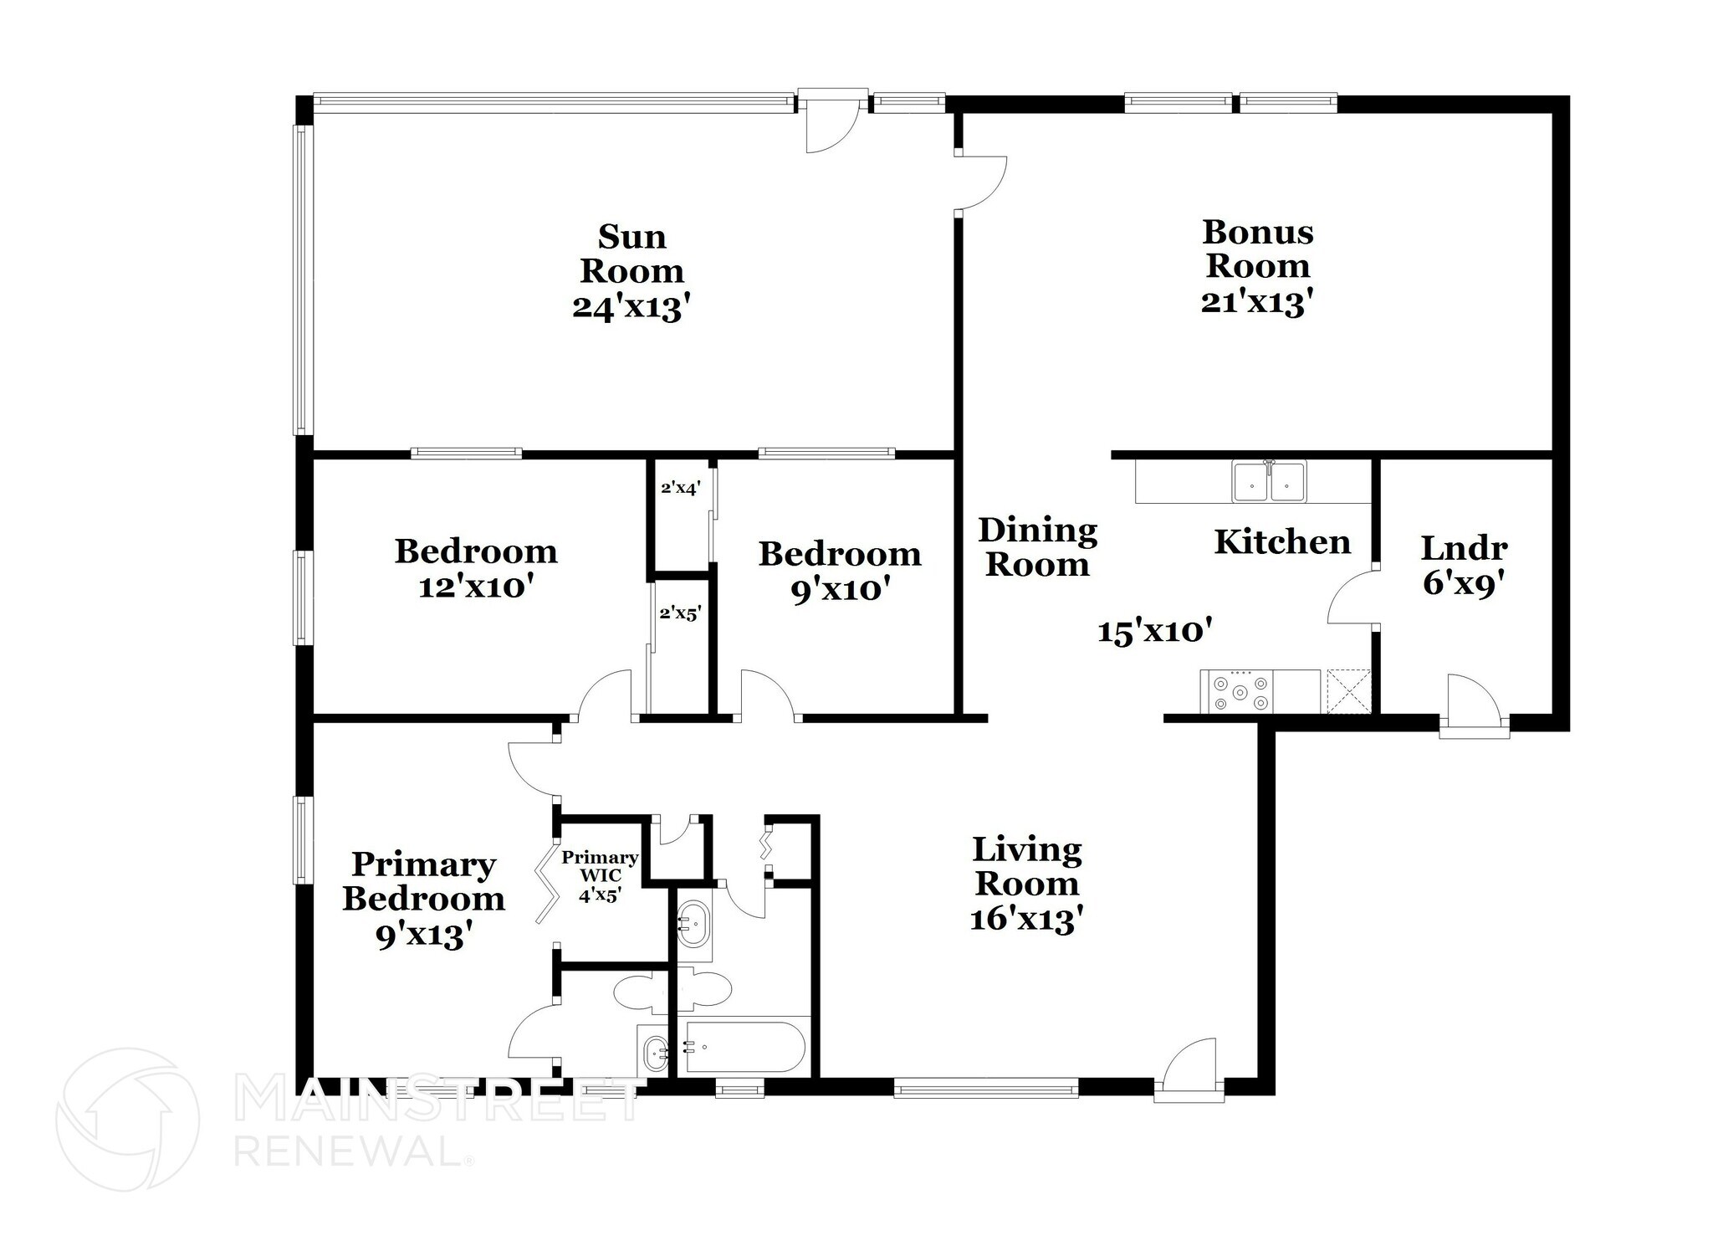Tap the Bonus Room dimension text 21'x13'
pyautogui.click(x=1256, y=302)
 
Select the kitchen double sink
pyautogui.click(x=1269, y=483)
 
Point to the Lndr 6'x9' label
pyautogui.click(x=1464, y=566)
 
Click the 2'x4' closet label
pyautogui.click(x=679, y=487)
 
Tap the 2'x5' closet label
pyautogui.click(x=679, y=613)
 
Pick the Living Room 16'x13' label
pyautogui.click(x=1027, y=884)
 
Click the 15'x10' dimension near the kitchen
pyautogui.click(x=1155, y=631)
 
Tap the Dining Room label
pyautogui.click(x=1037, y=547)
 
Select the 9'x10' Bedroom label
pyautogui.click(x=839, y=572)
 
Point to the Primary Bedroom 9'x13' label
pyautogui.click(x=423, y=900)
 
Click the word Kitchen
pyautogui.click(x=1282, y=542)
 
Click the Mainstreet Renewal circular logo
pyautogui.click(x=127, y=1120)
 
